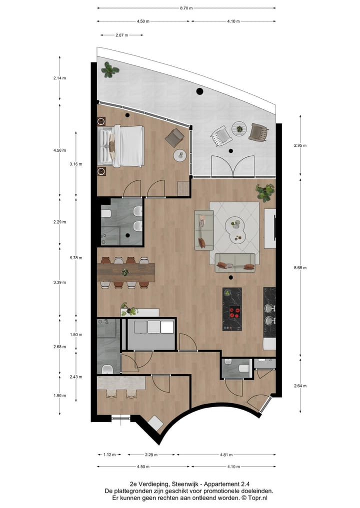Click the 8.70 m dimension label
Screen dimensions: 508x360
coord(186,8)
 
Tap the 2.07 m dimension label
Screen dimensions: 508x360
coord(121,35)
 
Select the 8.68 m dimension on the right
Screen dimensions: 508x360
coord(300,268)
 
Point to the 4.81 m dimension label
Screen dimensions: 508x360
coord(226,455)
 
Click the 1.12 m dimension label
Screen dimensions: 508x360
coord(109,455)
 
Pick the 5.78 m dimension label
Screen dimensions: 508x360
coord(75,258)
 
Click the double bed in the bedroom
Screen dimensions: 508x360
coord(122,145)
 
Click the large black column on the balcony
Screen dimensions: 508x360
coord(199,91)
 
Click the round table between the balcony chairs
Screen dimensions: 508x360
coord(239,128)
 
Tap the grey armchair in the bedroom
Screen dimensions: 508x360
coord(175,137)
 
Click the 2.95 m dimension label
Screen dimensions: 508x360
coord(300,145)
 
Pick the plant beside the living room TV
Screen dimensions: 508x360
coord(265,191)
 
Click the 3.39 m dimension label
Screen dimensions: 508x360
coord(60,283)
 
